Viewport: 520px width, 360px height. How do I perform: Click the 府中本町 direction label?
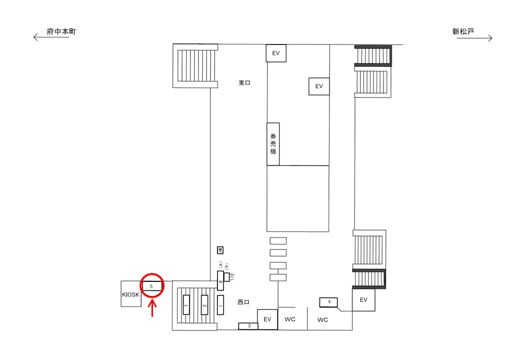pyautogui.click(x=61, y=31)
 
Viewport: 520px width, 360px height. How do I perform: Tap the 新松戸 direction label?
pyautogui.click(x=463, y=31)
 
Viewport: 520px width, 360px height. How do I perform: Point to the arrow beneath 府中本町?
pyautogui.click(x=50, y=37)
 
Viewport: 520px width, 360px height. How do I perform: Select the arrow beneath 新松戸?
pyautogui.click(x=474, y=37)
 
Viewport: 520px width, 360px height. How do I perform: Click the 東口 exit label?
pyautogui.click(x=244, y=83)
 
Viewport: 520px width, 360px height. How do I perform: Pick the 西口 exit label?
pyautogui.click(x=243, y=302)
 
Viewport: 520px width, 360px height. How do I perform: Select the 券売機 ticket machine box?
pyautogui.click(x=273, y=144)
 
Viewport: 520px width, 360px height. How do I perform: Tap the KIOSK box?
pyautogui.click(x=131, y=294)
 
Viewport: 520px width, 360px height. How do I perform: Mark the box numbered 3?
pyautogui.click(x=248, y=326)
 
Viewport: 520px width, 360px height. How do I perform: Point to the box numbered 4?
pyautogui.click(x=329, y=302)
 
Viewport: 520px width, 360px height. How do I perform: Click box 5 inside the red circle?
pyautogui.click(x=151, y=286)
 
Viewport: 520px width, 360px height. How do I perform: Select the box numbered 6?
pyautogui.click(x=220, y=281)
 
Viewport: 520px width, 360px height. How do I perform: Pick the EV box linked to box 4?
pyautogui.click(x=363, y=300)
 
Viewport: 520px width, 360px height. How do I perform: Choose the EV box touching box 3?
pyautogui.click(x=267, y=319)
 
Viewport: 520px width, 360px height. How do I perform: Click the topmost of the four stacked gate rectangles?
pyautogui.click(x=278, y=240)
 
